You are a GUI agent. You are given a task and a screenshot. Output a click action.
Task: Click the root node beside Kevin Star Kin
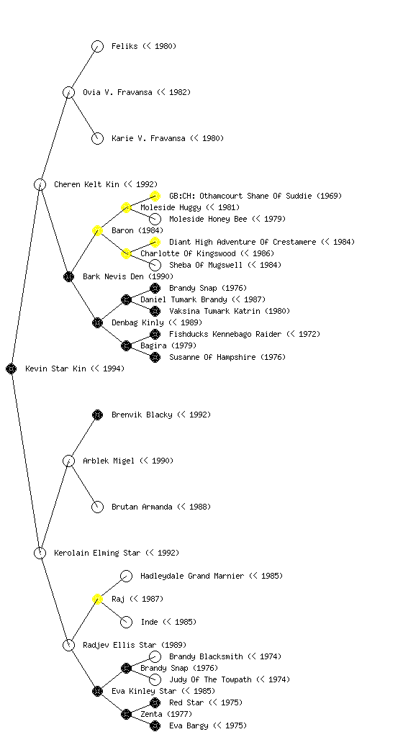point(12,369)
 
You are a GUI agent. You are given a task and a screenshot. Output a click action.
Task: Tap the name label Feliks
point(124,46)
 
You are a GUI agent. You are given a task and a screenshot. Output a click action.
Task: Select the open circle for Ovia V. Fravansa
point(68,93)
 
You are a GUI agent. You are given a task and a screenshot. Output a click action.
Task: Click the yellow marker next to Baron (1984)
point(97,231)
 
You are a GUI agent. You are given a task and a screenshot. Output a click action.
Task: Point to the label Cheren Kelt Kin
point(86,184)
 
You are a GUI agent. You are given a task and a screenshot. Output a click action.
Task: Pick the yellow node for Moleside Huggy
point(126,208)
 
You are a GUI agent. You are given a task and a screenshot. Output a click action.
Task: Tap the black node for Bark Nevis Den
point(68,277)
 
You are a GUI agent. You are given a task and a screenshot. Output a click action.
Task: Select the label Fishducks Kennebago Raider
point(225,334)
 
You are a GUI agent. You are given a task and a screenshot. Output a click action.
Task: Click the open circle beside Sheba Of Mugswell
point(155,266)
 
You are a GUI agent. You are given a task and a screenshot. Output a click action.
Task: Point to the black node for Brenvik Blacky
point(97,415)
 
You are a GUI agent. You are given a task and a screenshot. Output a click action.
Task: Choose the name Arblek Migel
point(109,461)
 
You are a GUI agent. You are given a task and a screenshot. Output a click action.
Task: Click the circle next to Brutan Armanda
point(97,507)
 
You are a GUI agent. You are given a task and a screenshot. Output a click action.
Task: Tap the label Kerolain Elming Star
point(96,553)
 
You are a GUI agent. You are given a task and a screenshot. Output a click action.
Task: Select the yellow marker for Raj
point(97,600)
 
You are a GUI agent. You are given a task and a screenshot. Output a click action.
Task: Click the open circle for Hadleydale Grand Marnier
point(127,577)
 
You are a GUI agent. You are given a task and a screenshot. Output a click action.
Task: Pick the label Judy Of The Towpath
point(210,679)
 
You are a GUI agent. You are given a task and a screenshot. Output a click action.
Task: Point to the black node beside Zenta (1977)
point(126,715)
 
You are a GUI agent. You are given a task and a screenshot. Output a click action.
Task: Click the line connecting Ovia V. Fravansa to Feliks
point(83,70)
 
